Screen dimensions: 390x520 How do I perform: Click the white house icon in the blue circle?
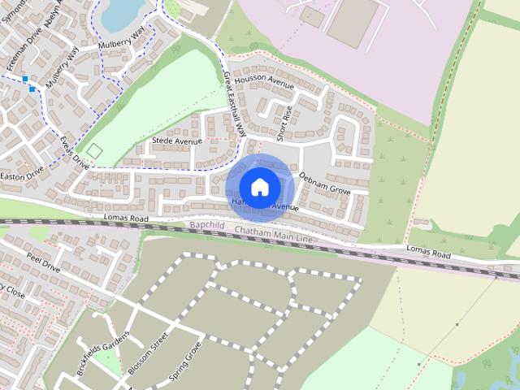tap(259, 187)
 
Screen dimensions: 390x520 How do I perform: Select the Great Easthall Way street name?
tap(233, 101)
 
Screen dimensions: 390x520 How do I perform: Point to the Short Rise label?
tap(284, 121)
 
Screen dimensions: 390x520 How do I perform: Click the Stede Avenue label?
tap(176, 141)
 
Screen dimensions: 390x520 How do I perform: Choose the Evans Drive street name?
tap(74, 152)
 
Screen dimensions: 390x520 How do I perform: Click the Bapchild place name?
tap(206, 225)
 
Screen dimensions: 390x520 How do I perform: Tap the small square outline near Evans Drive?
tap(94, 151)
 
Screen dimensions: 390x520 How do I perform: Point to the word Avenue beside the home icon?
tap(284, 208)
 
